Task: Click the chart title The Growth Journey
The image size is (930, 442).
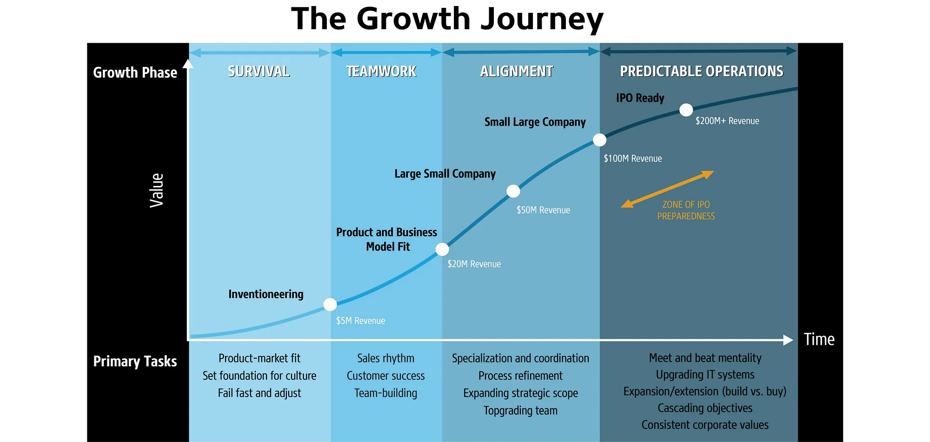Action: click(x=447, y=19)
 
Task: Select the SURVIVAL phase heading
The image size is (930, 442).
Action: click(x=259, y=71)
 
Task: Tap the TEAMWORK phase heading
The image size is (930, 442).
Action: click(x=381, y=71)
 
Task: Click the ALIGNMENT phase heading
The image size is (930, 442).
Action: click(x=517, y=71)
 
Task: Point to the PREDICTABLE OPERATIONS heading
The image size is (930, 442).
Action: click(x=702, y=71)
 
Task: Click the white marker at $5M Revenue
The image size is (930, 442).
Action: click(x=330, y=304)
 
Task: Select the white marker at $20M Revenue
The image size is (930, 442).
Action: click(x=442, y=249)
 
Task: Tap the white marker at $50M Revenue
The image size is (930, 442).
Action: click(x=513, y=191)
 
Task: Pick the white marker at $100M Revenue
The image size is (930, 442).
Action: click(x=599, y=140)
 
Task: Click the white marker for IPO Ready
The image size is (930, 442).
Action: click(x=686, y=110)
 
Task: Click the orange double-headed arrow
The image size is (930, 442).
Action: click(x=667, y=189)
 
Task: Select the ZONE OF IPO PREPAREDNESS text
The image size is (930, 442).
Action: click(x=686, y=210)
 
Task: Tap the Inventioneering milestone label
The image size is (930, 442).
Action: click(x=266, y=294)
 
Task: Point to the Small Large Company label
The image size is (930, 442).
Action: click(x=535, y=122)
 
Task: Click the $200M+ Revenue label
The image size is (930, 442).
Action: click(x=727, y=121)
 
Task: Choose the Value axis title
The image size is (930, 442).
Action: click(x=157, y=190)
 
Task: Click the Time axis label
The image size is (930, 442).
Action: click(x=819, y=339)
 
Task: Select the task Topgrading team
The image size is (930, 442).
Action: click(x=520, y=410)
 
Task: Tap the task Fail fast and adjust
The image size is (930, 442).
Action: click(x=259, y=393)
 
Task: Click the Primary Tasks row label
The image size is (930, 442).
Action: click(x=135, y=361)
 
